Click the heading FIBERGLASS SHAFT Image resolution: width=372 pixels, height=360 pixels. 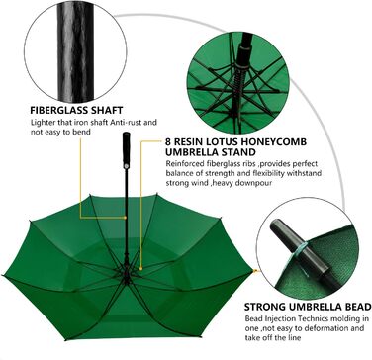[76, 110]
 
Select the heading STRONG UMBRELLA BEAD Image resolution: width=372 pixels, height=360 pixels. [308, 307]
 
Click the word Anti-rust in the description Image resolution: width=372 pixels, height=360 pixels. [129, 123]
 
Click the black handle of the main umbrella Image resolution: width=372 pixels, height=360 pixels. [127, 150]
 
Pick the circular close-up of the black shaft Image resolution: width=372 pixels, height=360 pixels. [75, 51]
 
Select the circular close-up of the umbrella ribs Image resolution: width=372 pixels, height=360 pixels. [238, 82]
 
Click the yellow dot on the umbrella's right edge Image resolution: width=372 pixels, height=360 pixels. [254, 271]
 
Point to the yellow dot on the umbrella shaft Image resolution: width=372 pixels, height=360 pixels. [126, 218]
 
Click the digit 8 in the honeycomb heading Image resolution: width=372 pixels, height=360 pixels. [168, 142]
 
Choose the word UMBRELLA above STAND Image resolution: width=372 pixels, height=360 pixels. [187, 152]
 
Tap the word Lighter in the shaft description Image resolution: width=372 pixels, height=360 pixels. [42, 123]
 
